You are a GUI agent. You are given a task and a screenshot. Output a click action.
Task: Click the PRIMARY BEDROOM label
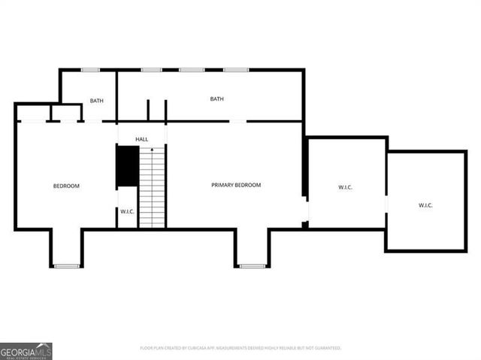pyautogui.click(x=235, y=185)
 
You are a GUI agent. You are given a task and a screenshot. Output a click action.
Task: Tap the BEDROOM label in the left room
pyautogui.click(x=65, y=186)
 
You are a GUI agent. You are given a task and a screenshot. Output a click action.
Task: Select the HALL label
pyautogui.click(x=141, y=140)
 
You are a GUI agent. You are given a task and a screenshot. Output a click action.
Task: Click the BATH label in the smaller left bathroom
pyautogui.click(x=96, y=101)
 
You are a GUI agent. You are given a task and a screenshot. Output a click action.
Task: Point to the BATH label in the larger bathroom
pyautogui.click(x=216, y=98)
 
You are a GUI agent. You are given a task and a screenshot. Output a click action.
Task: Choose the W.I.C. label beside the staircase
pyautogui.click(x=127, y=212)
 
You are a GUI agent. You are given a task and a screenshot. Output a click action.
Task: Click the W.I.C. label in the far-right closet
pyautogui.click(x=425, y=205)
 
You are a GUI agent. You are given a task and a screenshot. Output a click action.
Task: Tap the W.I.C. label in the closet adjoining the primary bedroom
pyautogui.click(x=345, y=187)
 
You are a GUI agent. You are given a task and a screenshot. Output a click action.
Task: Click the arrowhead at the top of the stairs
pyautogui.click(x=152, y=150)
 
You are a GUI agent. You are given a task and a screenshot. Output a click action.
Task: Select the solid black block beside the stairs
pyautogui.click(x=126, y=167)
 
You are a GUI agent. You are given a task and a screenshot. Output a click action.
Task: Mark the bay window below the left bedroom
pyautogui.click(x=66, y=265)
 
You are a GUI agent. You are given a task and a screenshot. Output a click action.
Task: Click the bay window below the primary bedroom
pyautogui.click(x=252, y=265)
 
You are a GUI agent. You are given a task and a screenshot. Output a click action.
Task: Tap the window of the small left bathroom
pyautogui.click(x=90, y=70)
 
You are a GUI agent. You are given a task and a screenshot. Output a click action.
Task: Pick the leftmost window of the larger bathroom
pyautogui.click(x=151, y=70)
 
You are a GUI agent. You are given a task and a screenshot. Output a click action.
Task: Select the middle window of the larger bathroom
pyautogui.click(x=191, y=70)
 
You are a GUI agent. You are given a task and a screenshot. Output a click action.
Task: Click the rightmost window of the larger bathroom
pyautogui.click(x=235, y=70)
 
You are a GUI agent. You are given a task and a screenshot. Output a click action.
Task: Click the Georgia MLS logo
pyautogui.click(x=26, y=351)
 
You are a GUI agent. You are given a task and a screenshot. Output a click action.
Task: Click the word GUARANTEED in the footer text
pyautogui.click(x=325, y=348)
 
